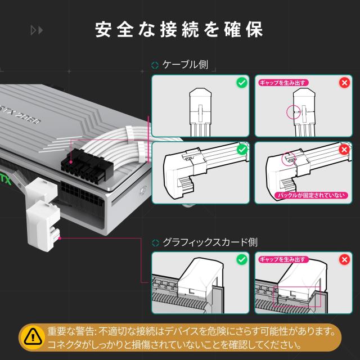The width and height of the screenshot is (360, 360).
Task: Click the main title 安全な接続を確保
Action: click(x=179, y=29)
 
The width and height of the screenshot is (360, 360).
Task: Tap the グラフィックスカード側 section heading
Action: click(x=210, y=243)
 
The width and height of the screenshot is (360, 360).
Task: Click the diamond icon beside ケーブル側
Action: click(x=155, y=65)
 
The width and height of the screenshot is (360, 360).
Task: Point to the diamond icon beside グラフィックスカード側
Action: click(x=155, y=244)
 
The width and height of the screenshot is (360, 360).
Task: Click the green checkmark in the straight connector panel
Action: click(x=242, y=83)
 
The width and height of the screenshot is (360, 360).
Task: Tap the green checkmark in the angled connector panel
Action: click(x=242, y=150)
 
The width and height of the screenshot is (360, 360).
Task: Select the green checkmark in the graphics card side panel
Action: click(x=242, y=260)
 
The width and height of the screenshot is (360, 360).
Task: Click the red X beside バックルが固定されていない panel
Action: click(x=344, y=150)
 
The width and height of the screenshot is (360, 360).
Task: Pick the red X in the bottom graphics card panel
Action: click(x=344, y=260)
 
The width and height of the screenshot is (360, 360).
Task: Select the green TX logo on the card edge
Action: click(x=6, y=181)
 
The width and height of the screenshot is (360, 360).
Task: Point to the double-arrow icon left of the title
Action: click(x=37, y=30)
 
